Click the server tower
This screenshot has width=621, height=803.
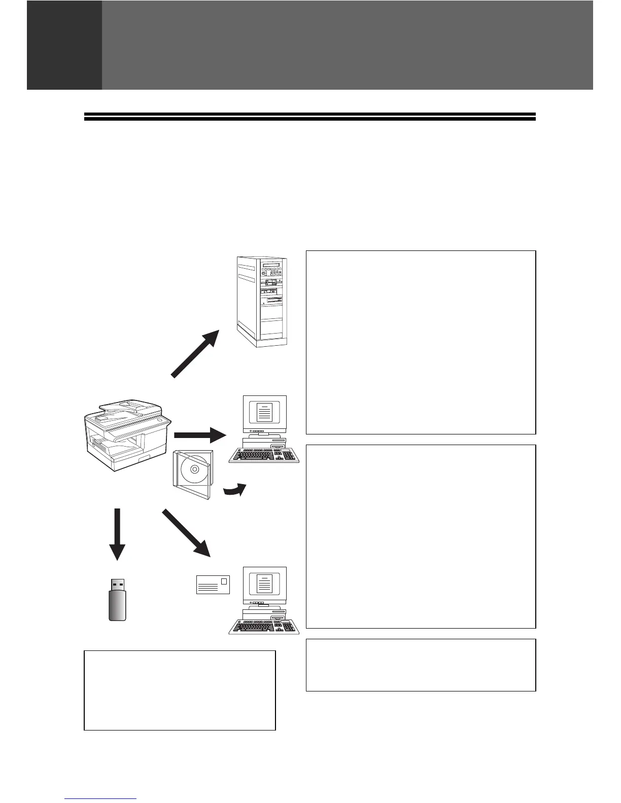coord(262,301)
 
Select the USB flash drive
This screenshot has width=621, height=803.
coord(117,600)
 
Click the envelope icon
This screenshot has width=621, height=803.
coord(213,585)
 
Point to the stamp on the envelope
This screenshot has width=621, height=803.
coord(224,580)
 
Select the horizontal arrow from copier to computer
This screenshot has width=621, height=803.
coord(200,435)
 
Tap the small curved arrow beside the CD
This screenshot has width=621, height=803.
coord(235,490)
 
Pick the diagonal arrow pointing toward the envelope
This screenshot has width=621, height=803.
coord(186,533)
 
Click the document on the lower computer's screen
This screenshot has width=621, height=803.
coord(265,583)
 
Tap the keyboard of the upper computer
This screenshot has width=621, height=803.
coord(264,455)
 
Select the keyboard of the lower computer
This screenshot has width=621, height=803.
coord(264,627)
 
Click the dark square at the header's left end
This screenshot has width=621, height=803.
coord(64,45)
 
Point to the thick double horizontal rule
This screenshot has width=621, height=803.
coord(309,117)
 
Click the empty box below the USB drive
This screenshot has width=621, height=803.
coord(180,690)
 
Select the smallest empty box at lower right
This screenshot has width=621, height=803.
coord(421,665)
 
